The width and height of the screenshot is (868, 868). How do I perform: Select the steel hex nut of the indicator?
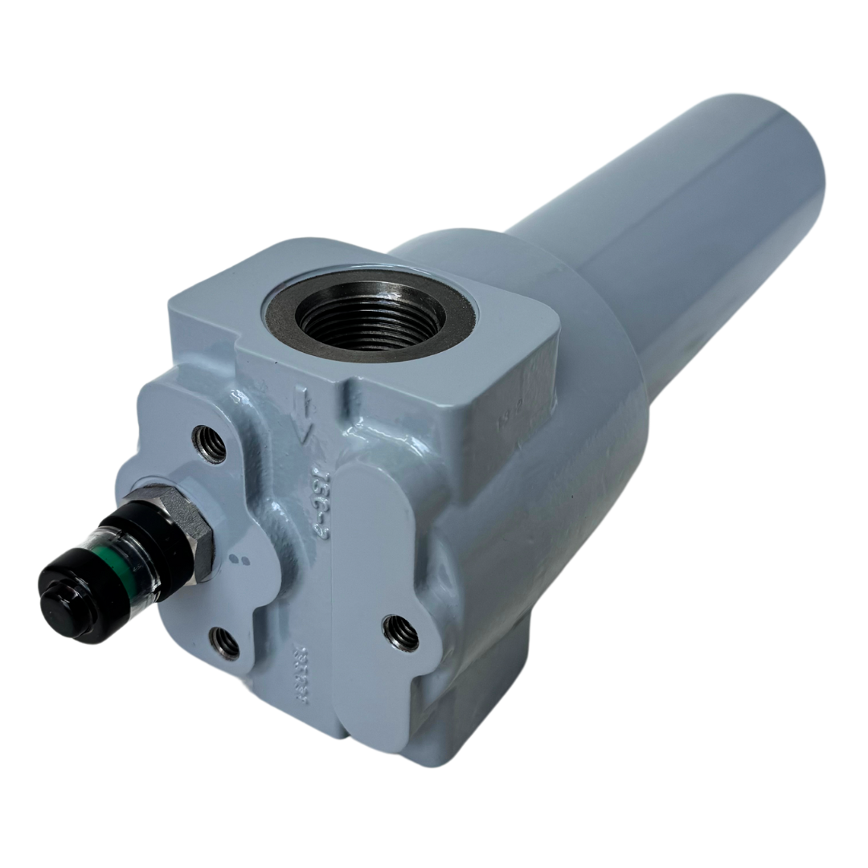188,530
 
